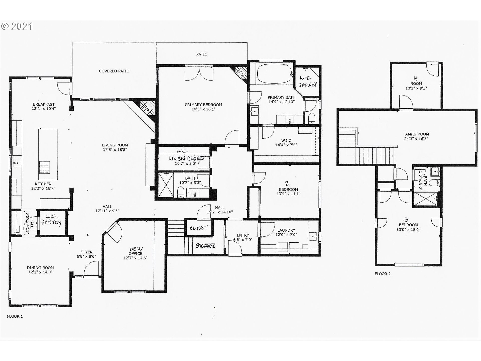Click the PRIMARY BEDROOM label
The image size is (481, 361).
click(x=203, y=105)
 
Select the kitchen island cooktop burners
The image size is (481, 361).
click(x=45, y=167)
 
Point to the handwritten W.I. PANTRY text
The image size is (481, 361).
click(x=51, y=219)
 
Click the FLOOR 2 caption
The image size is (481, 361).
click(x=383, y=274)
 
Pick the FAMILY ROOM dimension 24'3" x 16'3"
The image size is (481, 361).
click(x=416, y=139)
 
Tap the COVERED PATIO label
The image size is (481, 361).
click(x=114, y=71)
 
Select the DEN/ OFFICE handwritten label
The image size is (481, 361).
click(x=136, y=251)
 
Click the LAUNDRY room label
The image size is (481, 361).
click(x=286, y=230)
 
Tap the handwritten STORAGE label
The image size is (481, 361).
click(x=206, y=245)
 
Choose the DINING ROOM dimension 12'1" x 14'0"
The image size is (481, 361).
click(x=40, y=272)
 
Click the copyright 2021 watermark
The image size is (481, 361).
click(x=17, y=26)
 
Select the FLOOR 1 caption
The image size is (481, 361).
click(x=15, y=316)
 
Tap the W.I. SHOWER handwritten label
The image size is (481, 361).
click(x=308, y=82)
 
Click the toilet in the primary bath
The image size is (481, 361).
click(x=311, y=119)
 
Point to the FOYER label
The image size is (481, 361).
click(x=86, y=252)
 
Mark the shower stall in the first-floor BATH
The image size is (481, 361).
click(x=166, y=185)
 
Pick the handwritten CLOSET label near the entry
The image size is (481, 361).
click(x=199, y=228)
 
